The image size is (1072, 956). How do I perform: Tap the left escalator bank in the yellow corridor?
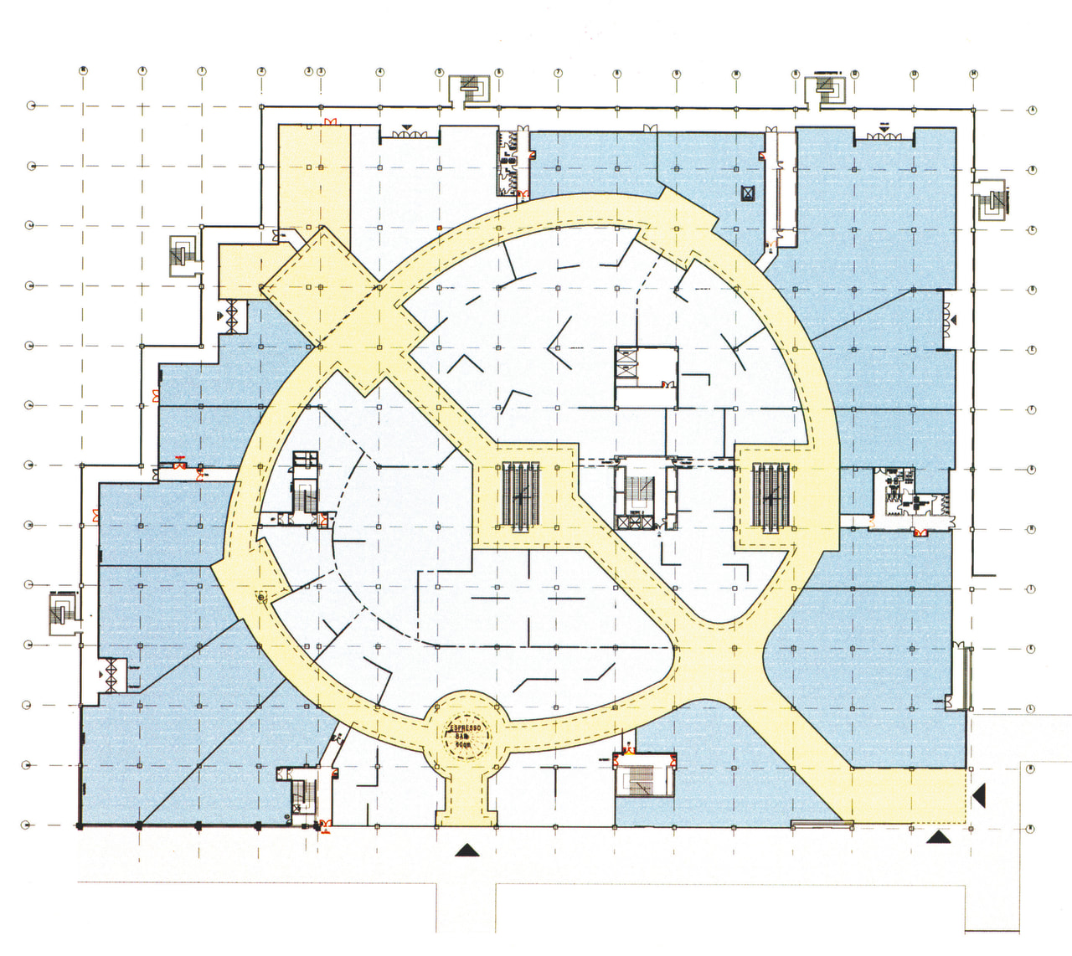(521, 495)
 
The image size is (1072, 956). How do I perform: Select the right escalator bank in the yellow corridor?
(768, 495)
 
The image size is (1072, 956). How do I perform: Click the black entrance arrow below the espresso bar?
(466, 851)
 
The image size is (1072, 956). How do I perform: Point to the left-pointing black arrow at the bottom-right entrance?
(978, 795)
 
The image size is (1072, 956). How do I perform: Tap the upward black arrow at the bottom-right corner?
(938, 836)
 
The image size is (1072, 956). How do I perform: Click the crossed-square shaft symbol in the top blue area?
(747, 193)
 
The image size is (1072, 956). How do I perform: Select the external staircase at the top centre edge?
(470, 88)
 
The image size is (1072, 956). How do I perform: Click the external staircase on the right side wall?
(992, 201)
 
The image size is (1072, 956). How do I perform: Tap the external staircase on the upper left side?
(181, 254)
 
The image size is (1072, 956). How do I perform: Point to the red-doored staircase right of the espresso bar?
(642, 776)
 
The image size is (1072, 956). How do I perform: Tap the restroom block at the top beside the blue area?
(510, 163)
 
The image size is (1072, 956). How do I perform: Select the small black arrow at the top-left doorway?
(221, 316)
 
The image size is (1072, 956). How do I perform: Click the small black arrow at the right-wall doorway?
(952, 320)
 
